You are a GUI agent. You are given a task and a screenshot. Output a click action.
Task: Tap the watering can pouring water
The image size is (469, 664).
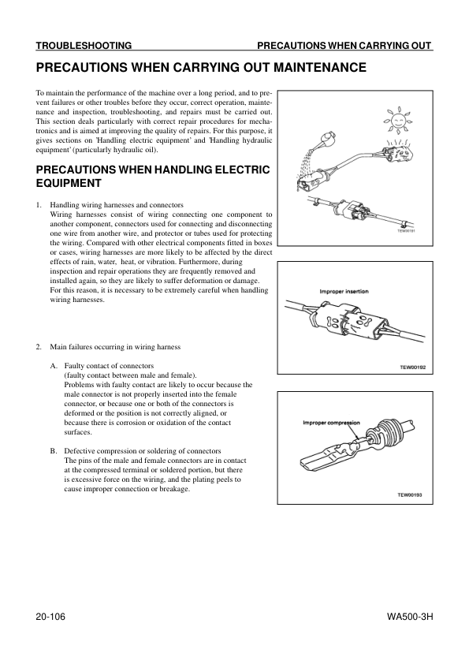point(325,140)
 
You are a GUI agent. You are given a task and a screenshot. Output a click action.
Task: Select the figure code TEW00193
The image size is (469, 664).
point(409,494)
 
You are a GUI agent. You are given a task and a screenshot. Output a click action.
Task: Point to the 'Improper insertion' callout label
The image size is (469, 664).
point(344,291)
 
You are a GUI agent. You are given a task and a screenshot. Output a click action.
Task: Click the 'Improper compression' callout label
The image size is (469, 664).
point(331,423)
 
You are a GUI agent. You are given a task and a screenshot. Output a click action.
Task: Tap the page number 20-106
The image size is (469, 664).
point(50,617)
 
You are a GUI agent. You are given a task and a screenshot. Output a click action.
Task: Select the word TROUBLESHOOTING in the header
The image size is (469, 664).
point(84,45)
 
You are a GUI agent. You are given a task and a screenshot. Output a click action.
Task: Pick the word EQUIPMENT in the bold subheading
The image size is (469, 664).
point(69,184)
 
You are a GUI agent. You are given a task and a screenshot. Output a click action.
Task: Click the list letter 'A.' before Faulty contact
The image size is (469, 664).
point(54,366)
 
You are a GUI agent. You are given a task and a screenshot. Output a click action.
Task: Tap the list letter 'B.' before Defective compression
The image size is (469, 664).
point(54,451)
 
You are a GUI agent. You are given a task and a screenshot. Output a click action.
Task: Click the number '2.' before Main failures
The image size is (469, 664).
point(39,347)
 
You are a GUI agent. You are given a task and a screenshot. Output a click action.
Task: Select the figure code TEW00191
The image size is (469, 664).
point(407,231)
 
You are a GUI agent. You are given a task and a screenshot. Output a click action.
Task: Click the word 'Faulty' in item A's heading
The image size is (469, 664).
point(73,366)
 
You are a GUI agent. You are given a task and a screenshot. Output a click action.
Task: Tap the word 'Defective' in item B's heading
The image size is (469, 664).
point(78,451)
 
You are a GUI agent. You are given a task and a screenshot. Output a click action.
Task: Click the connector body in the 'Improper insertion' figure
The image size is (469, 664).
point(348,322)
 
